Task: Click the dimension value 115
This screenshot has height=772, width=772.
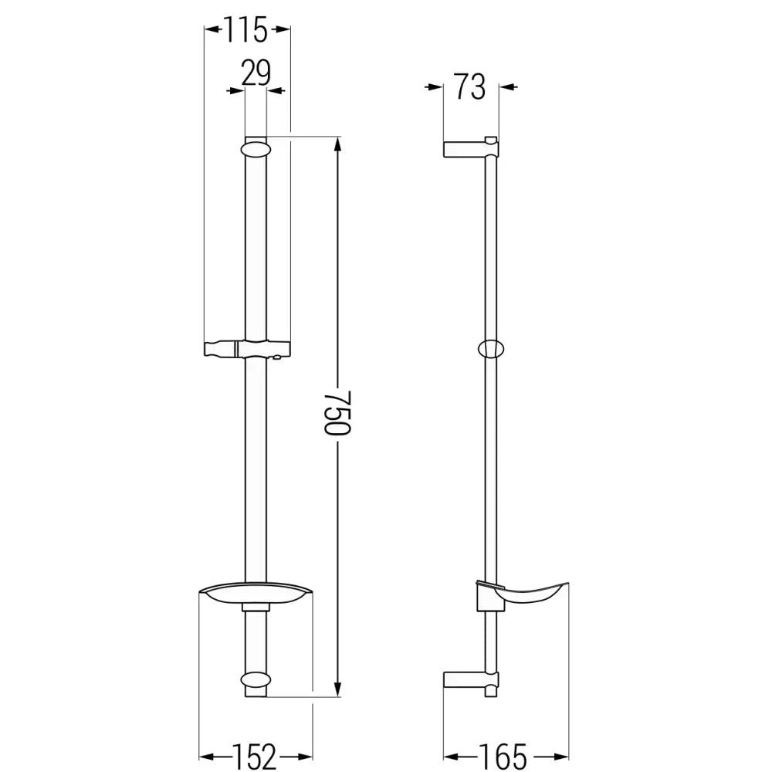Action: click(246, 31)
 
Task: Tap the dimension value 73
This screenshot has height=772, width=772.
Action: click(469, 87)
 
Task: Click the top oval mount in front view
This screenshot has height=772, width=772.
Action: click(256, 147)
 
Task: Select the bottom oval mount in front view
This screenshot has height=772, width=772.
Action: click(256, 680)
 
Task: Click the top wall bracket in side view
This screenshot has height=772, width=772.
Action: click(469, 149)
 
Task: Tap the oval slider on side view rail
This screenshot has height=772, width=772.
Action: click(489, 350)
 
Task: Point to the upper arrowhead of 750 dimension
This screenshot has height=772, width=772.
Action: click(337, 144)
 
